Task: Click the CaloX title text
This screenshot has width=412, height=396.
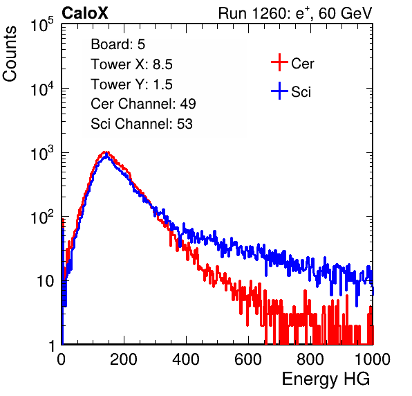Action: [85, 13]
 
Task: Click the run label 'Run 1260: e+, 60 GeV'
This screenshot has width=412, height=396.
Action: [295, 13]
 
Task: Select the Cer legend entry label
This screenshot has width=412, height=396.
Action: [302, 64]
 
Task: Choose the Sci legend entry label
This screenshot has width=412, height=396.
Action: [301, 92]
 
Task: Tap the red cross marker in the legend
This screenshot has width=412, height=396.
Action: [279, 62]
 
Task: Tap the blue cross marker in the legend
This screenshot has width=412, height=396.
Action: [279, 91]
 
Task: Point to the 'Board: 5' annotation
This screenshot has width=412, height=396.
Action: [118, 44]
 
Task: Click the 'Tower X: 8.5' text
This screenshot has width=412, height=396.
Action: [131, 64]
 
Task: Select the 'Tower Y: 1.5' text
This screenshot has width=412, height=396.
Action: [131, 84]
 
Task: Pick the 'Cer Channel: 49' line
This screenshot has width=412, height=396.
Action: [144, 104]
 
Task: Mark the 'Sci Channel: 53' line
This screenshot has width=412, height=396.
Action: [142, 124]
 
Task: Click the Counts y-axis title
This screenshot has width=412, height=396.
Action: [10, 54]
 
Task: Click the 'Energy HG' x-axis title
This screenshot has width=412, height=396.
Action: [326, 379]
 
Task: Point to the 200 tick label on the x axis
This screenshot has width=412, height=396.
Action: [124, 359]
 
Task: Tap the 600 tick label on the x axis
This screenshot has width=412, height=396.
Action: [248, 359]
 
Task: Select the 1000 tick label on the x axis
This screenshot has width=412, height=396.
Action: [373, 359]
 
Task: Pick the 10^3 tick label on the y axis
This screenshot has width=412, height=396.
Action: [42, 153]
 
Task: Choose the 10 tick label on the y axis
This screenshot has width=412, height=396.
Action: [45, 281]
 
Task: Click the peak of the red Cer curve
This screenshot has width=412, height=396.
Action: [105, 152]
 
